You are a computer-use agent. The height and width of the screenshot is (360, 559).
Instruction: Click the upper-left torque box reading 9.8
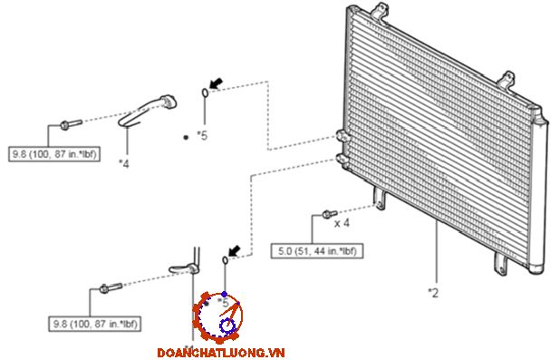54,154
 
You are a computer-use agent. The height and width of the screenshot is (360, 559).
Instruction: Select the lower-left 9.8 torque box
95,324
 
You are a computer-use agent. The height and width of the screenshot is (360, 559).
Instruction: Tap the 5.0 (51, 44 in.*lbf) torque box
317,251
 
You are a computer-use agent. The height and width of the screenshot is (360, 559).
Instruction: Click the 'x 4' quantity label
342,223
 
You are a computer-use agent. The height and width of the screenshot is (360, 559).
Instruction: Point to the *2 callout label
433,293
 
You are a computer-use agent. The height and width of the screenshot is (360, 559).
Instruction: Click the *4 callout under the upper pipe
124,163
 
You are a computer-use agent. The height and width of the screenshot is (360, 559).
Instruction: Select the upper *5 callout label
202,136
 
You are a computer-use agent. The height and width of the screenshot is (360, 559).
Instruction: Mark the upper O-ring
205,92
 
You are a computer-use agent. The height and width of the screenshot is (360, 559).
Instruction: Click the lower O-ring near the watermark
225,260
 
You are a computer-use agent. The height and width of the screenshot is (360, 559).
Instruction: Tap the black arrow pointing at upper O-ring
216,83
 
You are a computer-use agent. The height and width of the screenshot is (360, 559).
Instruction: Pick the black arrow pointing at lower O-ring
235,251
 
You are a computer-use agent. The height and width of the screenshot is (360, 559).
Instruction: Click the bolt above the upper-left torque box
71,124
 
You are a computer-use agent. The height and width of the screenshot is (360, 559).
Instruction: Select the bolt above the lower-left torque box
111,287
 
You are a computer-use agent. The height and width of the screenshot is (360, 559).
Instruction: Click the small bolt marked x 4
330,214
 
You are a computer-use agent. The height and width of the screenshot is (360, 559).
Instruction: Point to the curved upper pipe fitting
148,110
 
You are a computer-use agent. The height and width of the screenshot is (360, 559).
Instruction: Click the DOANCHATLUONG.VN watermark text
221,353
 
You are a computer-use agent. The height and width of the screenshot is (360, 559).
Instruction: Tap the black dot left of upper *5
186,137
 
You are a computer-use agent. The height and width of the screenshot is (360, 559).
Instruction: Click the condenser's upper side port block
342,136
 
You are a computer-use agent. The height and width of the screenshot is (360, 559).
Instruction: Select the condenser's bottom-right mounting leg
500,264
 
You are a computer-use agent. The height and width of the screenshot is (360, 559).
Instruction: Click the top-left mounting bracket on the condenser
379,11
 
